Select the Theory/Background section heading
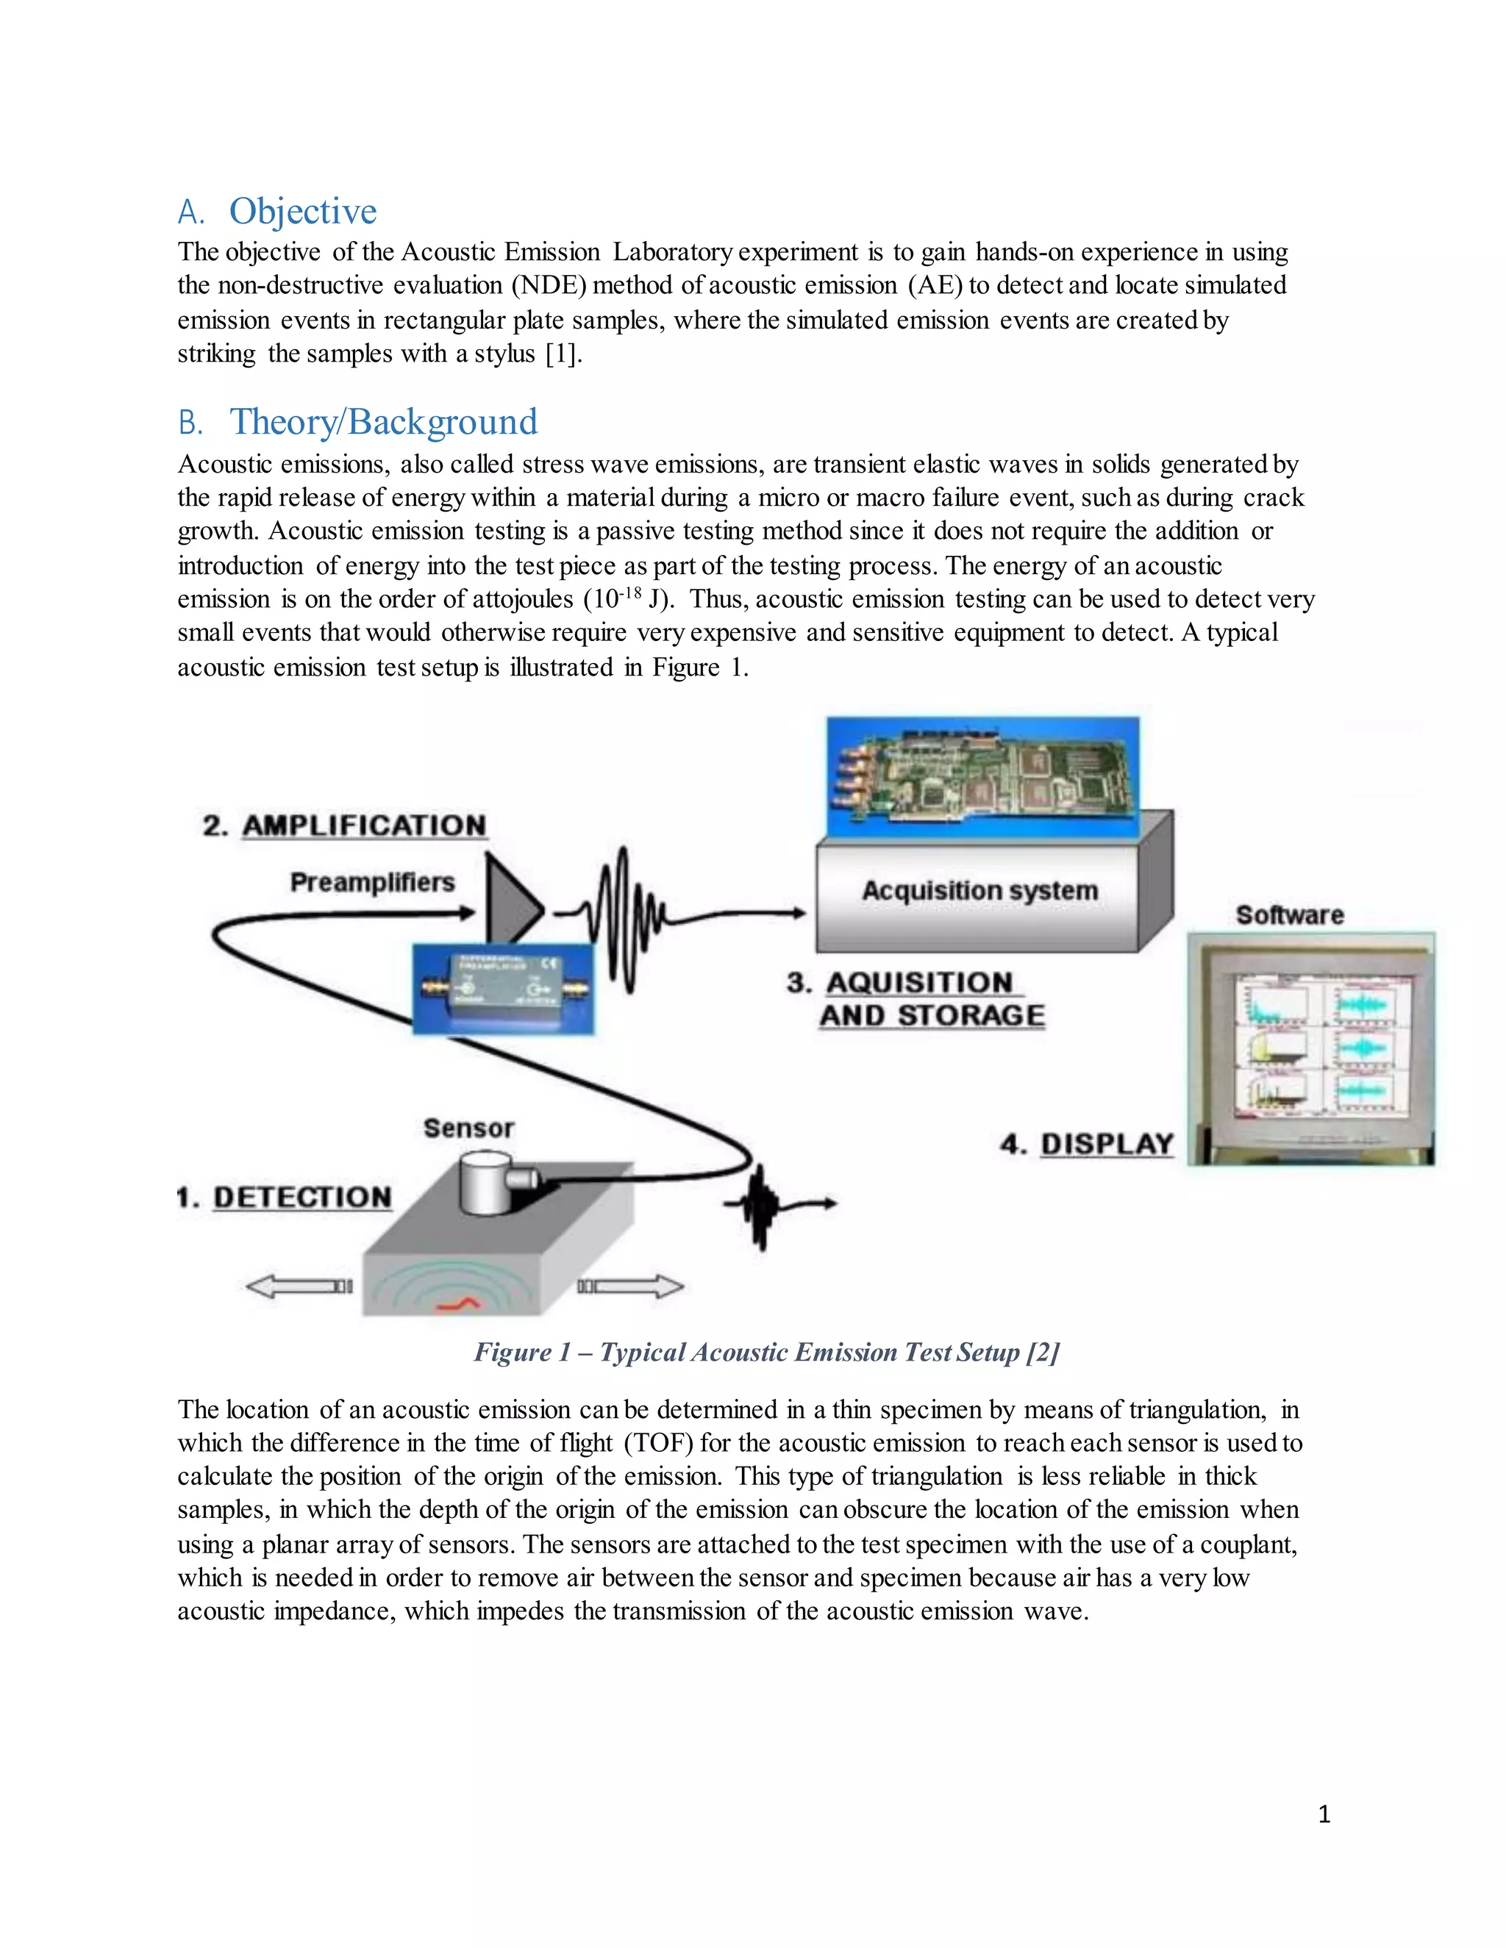click(x=384, y=423)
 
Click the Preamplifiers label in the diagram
click(x=372, y=882)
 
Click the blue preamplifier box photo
click(x=502, y=988)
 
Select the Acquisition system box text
click(x=979, y=890)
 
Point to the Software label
click(x=1289, y=915)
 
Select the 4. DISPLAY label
click(x=1087, y=1145)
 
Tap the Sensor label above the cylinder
click(x=468, y=1128)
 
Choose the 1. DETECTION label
click(x=284, y=1197)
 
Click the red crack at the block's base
click(x=457, y=1306)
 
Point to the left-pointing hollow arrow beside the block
click(x=298, y=1286)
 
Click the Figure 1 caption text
click(x=766, y=1352)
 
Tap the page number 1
click(x=1323, y=1813)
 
